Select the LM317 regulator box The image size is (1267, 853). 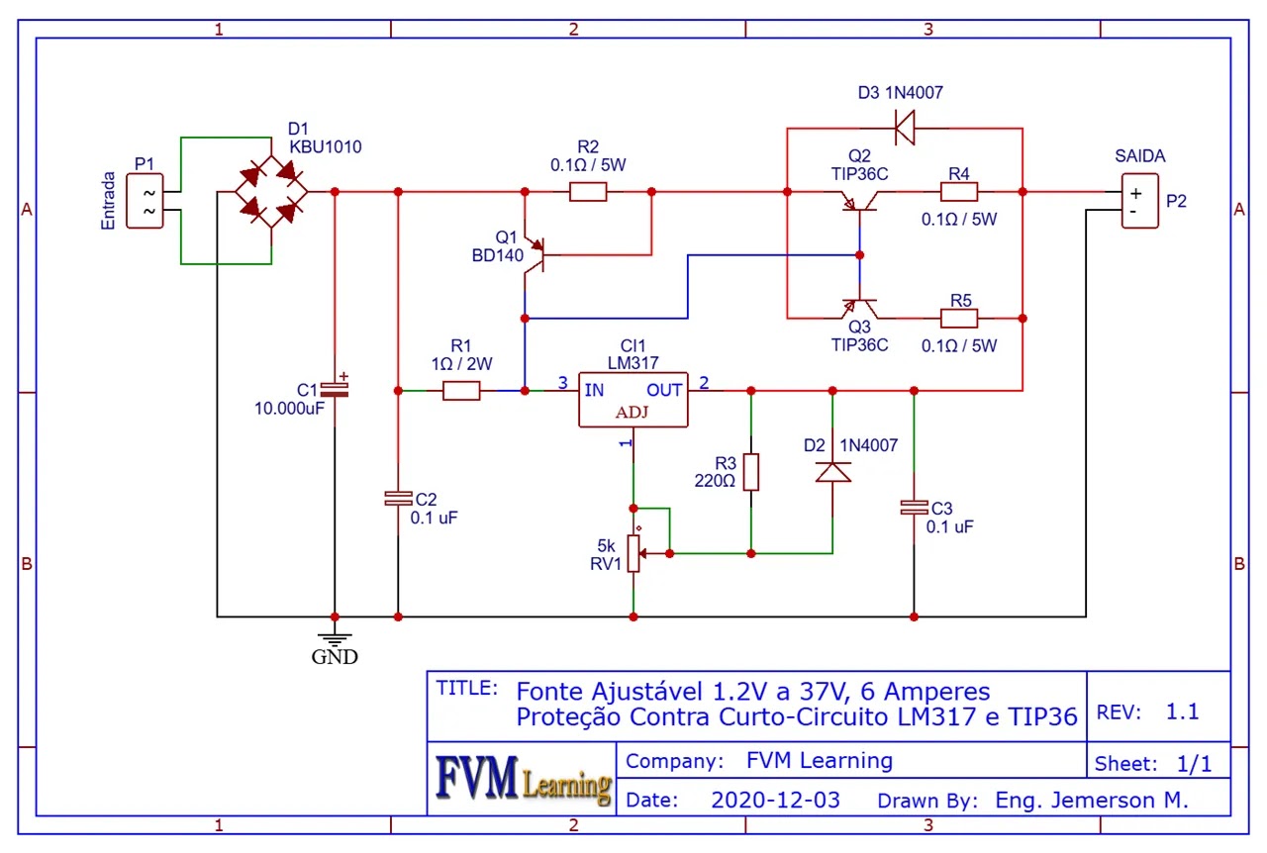[633, 400]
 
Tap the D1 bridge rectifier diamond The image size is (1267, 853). [270, 192]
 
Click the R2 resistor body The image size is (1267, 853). [589, 192]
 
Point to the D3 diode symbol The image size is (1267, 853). [903, 127]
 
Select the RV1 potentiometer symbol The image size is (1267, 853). [634, 554]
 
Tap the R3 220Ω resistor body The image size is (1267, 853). [751, 472]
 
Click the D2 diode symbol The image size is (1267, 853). [832, 472]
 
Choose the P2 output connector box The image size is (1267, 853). [1138, 201]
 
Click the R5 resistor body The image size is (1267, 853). [958, 319]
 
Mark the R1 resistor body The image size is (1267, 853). [461, 391]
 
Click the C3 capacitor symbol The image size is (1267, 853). [913, 508]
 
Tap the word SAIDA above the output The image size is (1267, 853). [1139, 156]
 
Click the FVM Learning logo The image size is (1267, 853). [523, 780]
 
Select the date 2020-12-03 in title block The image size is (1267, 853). [775, 800]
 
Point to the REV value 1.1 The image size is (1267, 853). [1182, 711]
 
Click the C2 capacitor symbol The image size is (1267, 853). [398, 499]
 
